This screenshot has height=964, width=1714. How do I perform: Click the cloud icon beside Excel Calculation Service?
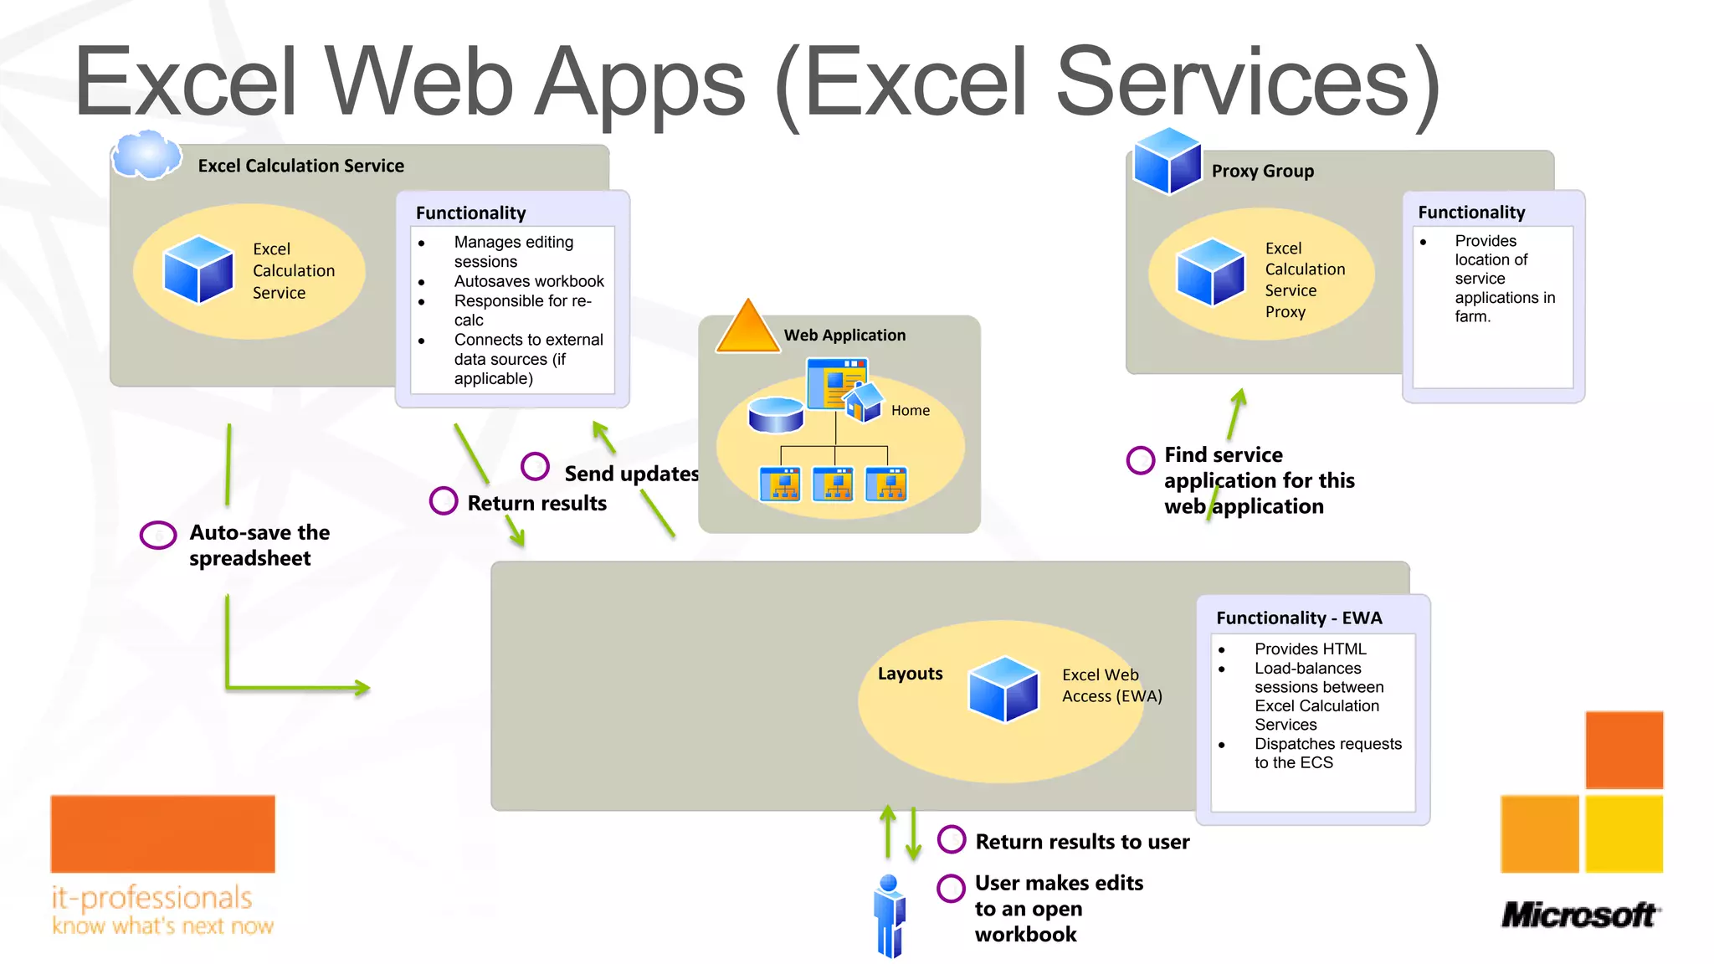[146, 155]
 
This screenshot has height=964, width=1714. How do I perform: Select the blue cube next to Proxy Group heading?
[1167, 161]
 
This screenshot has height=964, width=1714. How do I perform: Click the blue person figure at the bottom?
[889, 916]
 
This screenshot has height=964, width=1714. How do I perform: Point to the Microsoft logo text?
[1578, 915]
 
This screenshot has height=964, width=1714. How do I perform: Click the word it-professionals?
[151, 898]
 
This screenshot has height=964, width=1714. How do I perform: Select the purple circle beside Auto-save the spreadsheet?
[158, 535]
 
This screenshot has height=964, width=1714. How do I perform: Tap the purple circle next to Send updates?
[535, 466]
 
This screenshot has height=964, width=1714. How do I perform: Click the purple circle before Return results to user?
[952, 838]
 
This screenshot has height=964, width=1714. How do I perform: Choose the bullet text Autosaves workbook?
[528, 281]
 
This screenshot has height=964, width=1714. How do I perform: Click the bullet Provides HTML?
[1310, 649]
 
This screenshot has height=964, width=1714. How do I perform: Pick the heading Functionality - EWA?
[1298, 618]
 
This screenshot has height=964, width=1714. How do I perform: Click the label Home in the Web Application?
[910, 410]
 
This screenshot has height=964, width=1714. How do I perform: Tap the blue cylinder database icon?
[776, 414]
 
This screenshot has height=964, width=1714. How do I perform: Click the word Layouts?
[910, 674]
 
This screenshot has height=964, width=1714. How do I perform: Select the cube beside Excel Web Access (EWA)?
[1003, 689]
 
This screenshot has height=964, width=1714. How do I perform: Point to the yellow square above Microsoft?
[1624, 833]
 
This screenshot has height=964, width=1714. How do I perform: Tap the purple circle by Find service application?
[1140, 459]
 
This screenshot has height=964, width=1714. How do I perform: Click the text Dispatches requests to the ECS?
[1327, 753]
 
